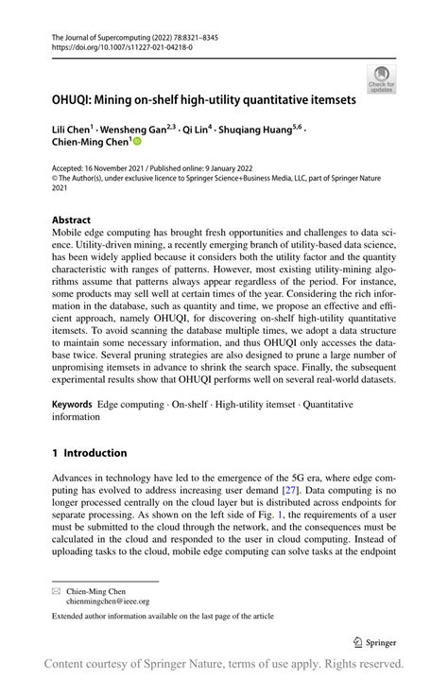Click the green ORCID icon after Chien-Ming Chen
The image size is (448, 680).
pyautogui.click(x=136, y=142)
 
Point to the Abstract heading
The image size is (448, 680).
pyautogui.click(x=72, y=219)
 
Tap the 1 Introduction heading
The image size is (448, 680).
pyautogui.click(x=90, y=453)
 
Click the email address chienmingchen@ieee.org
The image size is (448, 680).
pyautogui.click(x=107, y=600)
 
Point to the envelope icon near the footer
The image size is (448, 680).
pyautogui.click(x=57, y=590)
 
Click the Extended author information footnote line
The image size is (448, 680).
pyautogui.click(x=163, y=617)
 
